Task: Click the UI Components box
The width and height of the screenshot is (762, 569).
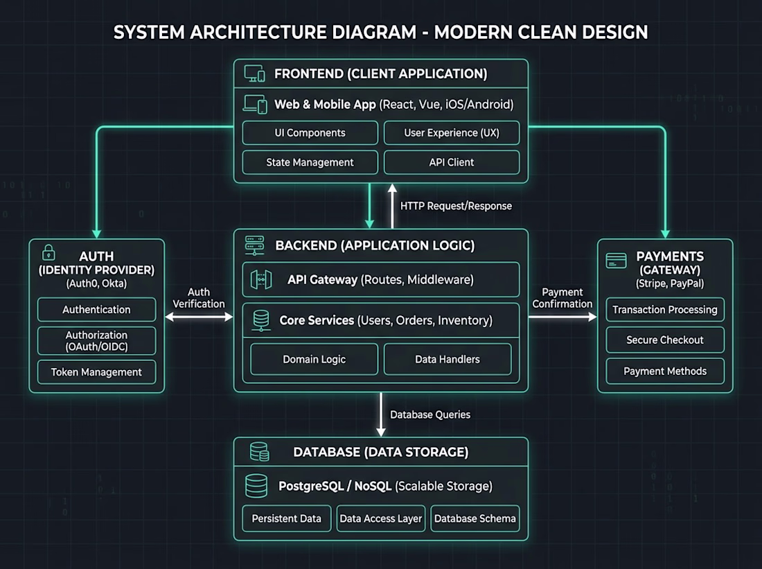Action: point(310,133)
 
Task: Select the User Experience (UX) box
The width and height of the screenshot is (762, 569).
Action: point(452,133)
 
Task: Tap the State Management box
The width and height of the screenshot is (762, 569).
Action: point(310,162)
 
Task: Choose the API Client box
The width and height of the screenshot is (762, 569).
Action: point(452,162)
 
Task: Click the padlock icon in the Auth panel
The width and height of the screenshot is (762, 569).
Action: point(48,252)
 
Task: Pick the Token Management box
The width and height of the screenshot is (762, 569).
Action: point(97,372)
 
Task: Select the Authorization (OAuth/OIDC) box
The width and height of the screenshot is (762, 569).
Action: point(97,341)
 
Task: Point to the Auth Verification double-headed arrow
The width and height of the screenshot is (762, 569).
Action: point(200,317)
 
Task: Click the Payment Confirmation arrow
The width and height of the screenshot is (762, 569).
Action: point(562,317)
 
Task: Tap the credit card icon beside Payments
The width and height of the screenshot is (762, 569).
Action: point(617,261)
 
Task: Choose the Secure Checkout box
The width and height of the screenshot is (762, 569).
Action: point(665,340)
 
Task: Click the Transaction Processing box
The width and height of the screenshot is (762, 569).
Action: point(665,310)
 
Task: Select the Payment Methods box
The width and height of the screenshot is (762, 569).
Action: point(665,371)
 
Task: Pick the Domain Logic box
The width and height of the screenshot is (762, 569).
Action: point(314,360)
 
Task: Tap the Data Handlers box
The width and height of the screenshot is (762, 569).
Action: point(448,360)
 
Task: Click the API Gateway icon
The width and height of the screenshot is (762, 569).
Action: point(261,279)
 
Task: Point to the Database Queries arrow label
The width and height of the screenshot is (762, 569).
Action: point(430,415)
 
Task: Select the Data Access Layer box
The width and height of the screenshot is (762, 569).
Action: point(381,518)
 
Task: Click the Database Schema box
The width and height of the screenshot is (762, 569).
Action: point(475,518)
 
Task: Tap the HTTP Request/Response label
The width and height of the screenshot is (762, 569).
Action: point(456,207)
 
